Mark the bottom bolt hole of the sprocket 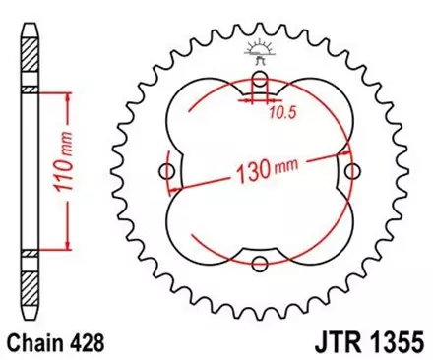(x=260, y=263)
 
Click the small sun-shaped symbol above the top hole (x=260, y=47)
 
